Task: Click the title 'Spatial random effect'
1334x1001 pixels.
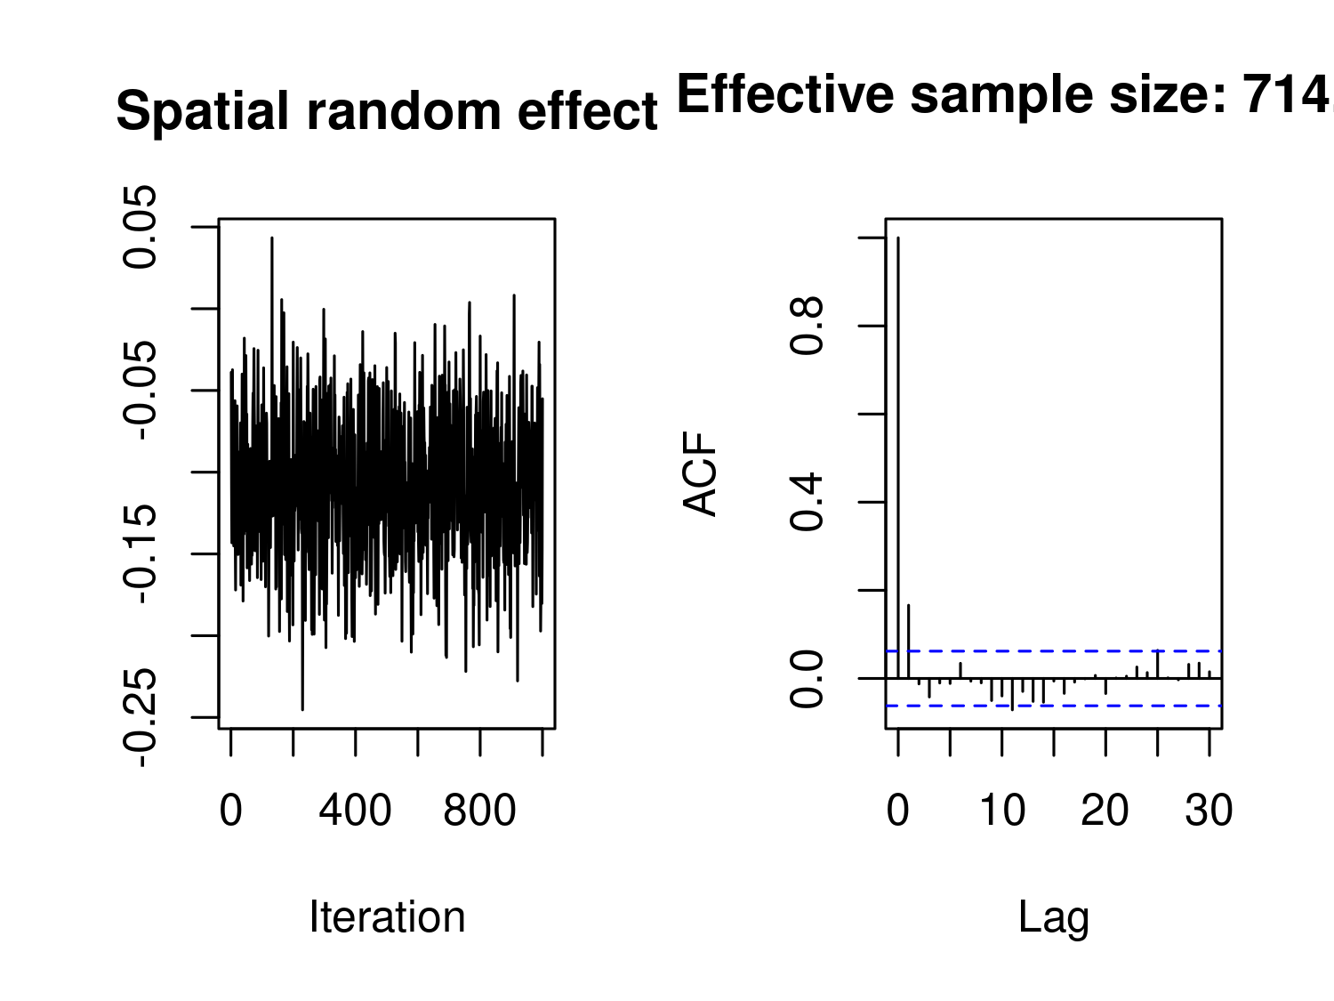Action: point(387,112)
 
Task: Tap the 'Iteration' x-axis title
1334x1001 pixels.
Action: point(387,917)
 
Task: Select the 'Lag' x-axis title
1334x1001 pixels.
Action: point(1054,917)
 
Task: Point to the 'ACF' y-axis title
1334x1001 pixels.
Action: point(701,473)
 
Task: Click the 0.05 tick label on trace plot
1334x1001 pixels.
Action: point(141,227)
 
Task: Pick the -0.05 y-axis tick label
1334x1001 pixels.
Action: point(141,390)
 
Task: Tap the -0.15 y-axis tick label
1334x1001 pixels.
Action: point(141,553)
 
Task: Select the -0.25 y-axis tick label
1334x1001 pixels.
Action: point(141,717)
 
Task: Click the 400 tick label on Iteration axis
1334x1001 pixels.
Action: point(355,811)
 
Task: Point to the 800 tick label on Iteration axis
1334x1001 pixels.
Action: point(479,811)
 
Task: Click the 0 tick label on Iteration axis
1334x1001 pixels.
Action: point(230,811)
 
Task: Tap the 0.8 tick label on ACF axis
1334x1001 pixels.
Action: point(808,326)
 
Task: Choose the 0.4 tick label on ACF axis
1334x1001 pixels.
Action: point(808,502)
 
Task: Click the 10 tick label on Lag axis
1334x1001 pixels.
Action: point(1001,811)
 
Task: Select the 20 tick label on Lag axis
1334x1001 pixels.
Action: point(1105,811)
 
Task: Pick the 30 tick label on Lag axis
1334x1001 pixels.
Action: point(1209,811)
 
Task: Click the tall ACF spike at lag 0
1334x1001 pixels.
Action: point(898,445)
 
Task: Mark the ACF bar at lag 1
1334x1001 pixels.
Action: point(908,641)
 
